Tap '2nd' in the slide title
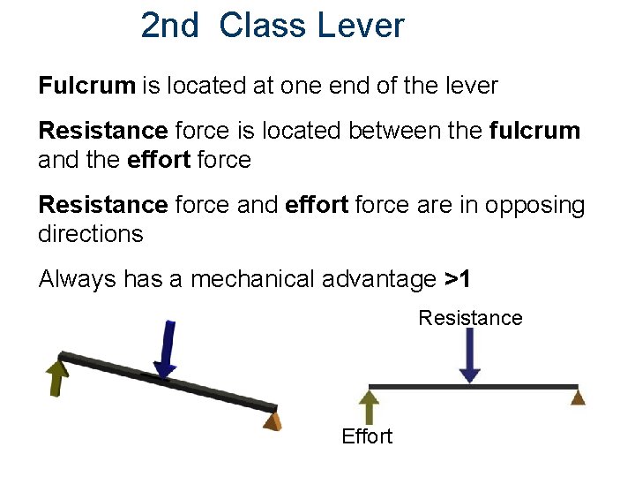(x=170, y=26)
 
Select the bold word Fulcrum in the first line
(x=86, y=86)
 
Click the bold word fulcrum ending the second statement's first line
(x=534, y=132)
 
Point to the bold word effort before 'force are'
(x=317, y=206)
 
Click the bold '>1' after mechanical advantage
(x=458, y=280)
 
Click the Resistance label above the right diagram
(x=470, y=317)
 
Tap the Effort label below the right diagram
(x=367, y=436)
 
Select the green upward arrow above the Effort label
(x=370, y=407)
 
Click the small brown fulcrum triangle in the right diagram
(x=577, y=397)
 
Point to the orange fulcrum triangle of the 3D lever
(x=273, y=420)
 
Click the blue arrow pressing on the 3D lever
(x=166, y=350)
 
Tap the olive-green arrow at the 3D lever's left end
(x=57, y=375)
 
